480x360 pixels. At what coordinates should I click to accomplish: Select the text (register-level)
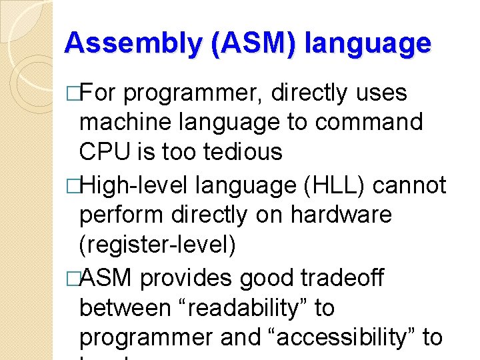point(158,245)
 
